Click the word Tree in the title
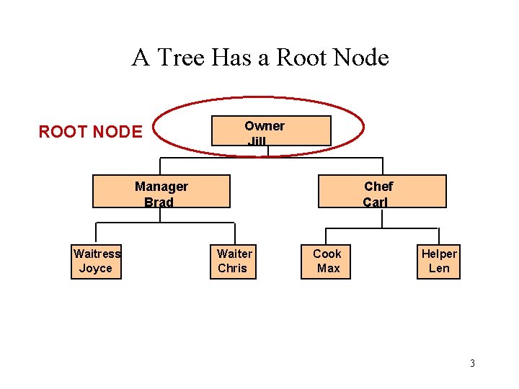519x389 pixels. click(182, 58)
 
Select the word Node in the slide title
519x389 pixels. click(363, 58)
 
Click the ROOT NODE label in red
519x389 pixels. click(90, 132)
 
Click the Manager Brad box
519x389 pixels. click(161, 192)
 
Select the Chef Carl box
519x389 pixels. click(382, 192)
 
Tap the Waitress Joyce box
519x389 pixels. click(96, 261)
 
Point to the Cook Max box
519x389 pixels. click(327, 261)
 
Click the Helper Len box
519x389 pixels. click(438, 261)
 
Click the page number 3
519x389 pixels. click(472, 363)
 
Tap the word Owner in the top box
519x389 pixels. click(265, 126)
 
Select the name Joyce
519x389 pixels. click(96, 269)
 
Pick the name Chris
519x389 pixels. click(232, 269)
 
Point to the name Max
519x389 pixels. click(328, 269)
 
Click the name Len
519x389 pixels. click(438, 269)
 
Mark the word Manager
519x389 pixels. click(161, 187)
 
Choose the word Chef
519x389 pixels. click(378, 187)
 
